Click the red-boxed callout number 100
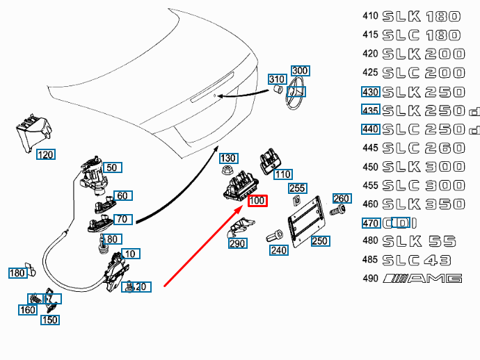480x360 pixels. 257,202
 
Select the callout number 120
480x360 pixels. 46,154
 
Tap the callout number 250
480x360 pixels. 319,241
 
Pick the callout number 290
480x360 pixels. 238,244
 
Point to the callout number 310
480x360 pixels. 278,79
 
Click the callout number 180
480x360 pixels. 17,273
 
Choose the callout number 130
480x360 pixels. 228,158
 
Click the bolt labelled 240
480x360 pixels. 273,237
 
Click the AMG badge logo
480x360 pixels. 424,279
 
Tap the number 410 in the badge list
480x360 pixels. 369,16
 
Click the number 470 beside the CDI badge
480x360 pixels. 370,223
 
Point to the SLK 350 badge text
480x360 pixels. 423,204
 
